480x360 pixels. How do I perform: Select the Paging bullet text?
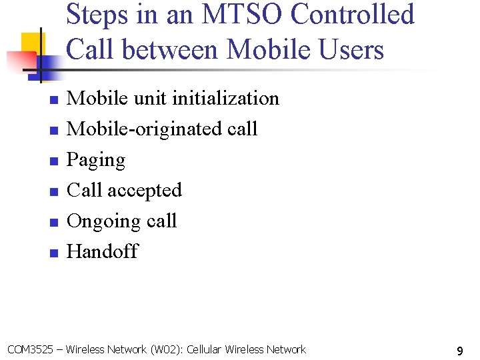[96, 160]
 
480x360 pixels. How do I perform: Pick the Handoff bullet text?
[103, 251]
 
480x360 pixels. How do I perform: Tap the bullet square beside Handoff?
[54, 253]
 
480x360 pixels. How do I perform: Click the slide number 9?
[460, 350]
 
